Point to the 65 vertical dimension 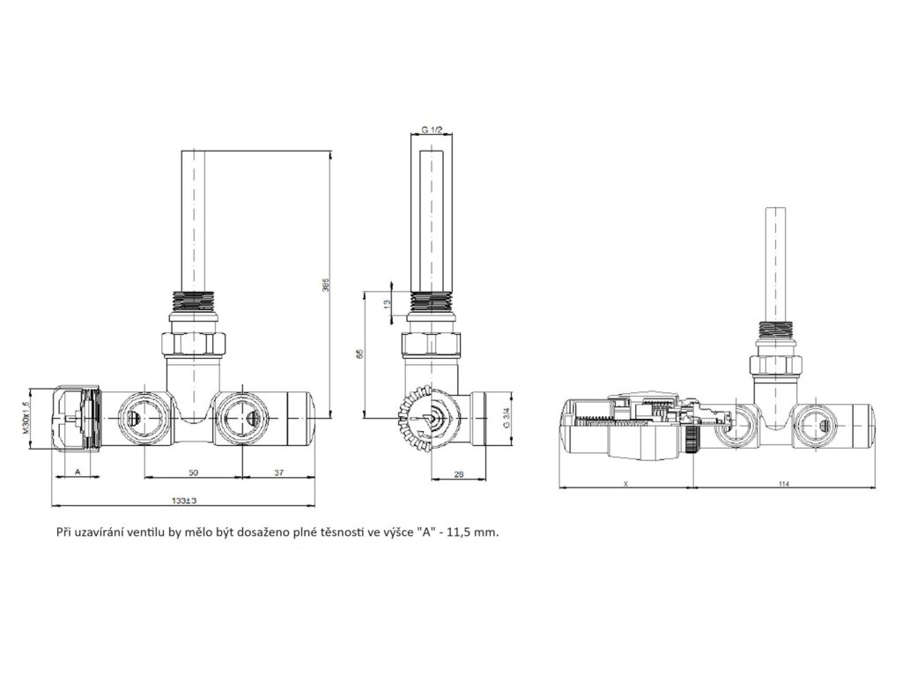(359, 353)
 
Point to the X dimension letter (625, 484)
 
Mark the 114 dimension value (784, 484)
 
